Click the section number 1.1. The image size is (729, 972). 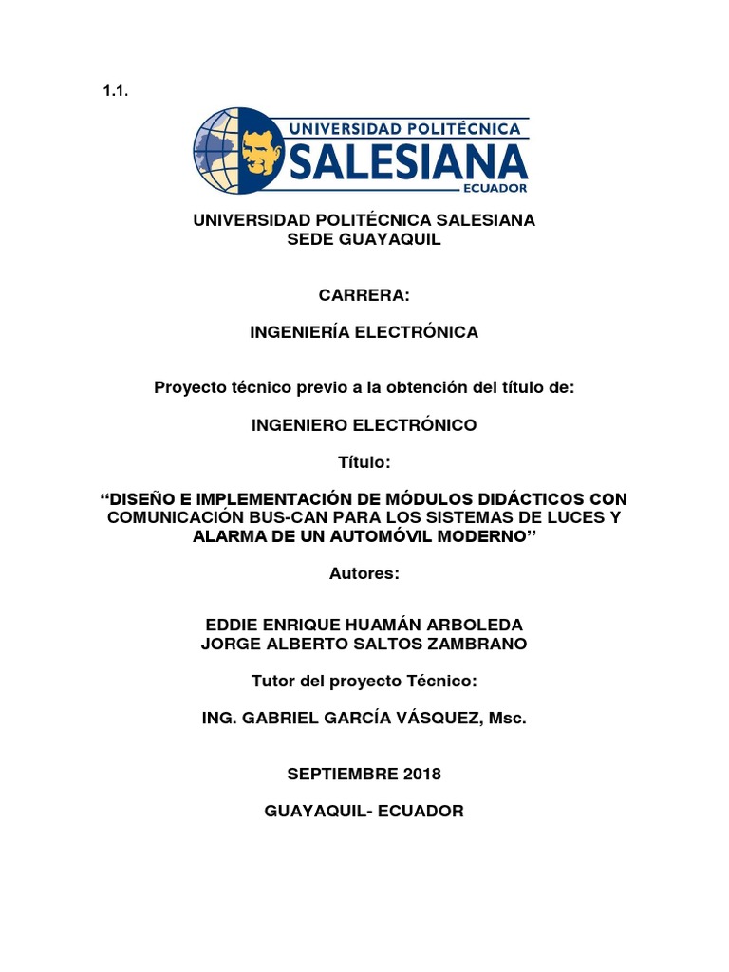(114, 92)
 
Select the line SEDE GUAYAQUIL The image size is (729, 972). (364, 240)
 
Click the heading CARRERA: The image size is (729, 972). (364, 296)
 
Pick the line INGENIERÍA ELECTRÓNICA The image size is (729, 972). (364, 332)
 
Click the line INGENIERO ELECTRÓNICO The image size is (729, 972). (364, 425)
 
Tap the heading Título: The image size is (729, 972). (364, 462)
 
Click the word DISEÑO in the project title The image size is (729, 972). (145, 499)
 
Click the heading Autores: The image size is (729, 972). (364, 573)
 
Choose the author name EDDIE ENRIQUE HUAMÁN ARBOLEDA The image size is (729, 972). (364, 626)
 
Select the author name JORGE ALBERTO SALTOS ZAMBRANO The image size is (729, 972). (364, 645)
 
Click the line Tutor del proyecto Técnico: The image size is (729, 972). (364, 682)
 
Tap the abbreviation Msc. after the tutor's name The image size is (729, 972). (506, 719)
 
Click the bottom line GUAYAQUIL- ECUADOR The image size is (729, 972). (364, 812)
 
